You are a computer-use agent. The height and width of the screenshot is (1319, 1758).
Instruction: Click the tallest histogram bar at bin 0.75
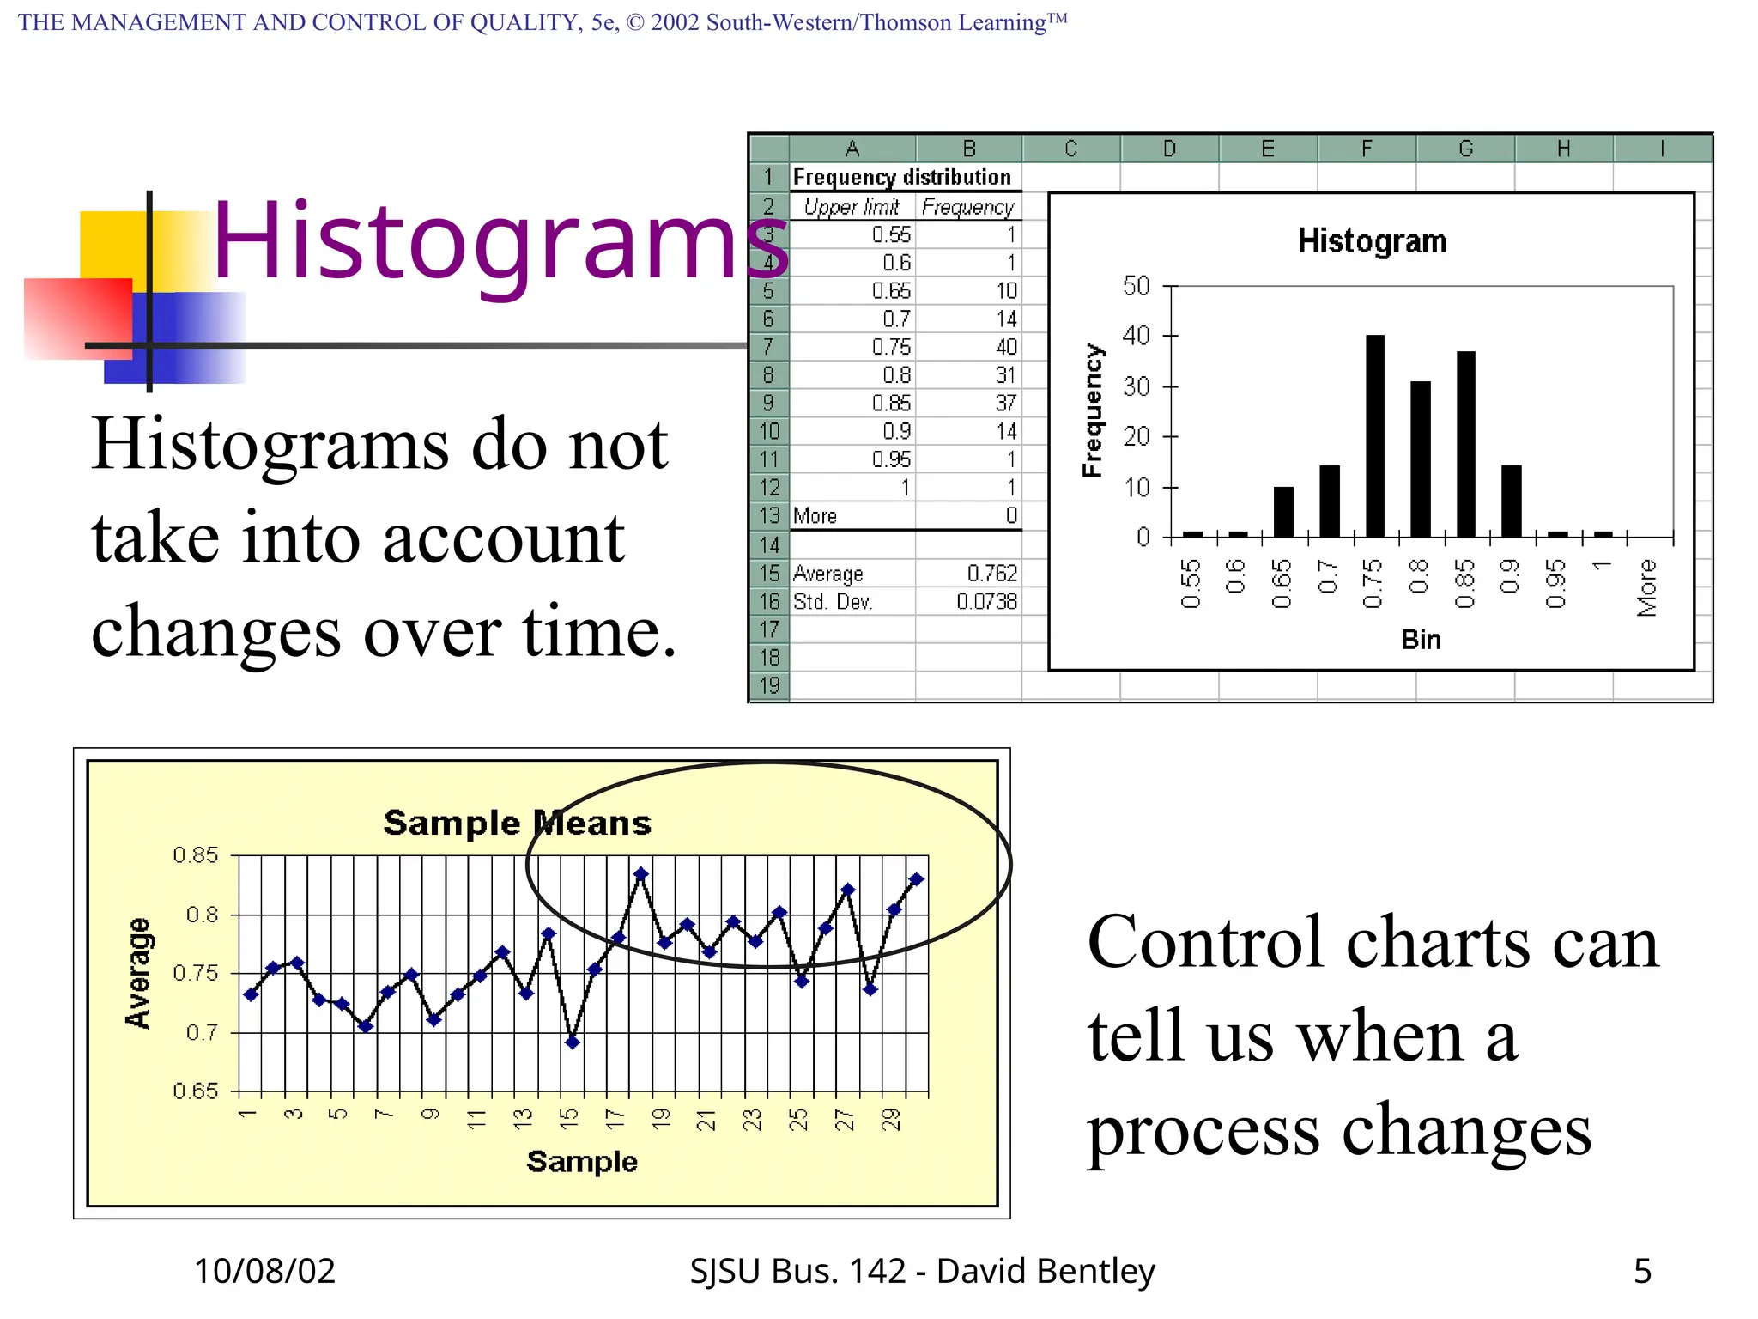[x=1374, y=436]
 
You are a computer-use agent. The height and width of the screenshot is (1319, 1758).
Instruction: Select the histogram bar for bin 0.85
[x=1465, y=444]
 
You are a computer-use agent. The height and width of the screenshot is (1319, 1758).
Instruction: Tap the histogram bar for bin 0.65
[x=1283, y=512]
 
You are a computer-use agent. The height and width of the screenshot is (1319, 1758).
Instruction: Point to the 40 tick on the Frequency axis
[x=1137, y=336]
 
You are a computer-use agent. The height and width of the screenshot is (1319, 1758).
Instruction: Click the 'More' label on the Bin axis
[x=1646, y=587]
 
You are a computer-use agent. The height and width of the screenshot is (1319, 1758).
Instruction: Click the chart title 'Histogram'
[x=1372, y=241]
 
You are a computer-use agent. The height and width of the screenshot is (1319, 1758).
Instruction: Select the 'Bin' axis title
[x=1421, y=640]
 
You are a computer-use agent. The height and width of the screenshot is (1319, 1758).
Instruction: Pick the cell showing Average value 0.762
[x=991, y=573]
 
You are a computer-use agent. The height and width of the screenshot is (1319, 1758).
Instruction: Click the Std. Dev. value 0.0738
[x=986, y=601]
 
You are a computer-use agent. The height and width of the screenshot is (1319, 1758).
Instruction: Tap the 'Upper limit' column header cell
[x=851, y=207]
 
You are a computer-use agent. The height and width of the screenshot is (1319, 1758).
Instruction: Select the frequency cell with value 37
[x=1005, y=403]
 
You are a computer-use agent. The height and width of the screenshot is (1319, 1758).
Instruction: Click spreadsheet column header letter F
[x=1367, y=149]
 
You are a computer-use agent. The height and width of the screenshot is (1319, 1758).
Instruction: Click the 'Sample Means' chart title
[x=518, y=823]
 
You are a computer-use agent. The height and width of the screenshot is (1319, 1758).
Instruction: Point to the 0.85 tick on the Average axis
[x=196, y=855]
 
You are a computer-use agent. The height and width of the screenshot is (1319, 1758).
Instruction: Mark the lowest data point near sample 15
[x=573, y=1042]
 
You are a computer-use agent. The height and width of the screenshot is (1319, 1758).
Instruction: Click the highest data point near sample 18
[x=641, y=874]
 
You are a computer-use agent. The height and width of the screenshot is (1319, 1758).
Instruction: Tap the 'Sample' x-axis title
[x=582, y=1162]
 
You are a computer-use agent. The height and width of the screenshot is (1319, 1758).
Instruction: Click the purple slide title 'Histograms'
[x=498, y=240]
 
